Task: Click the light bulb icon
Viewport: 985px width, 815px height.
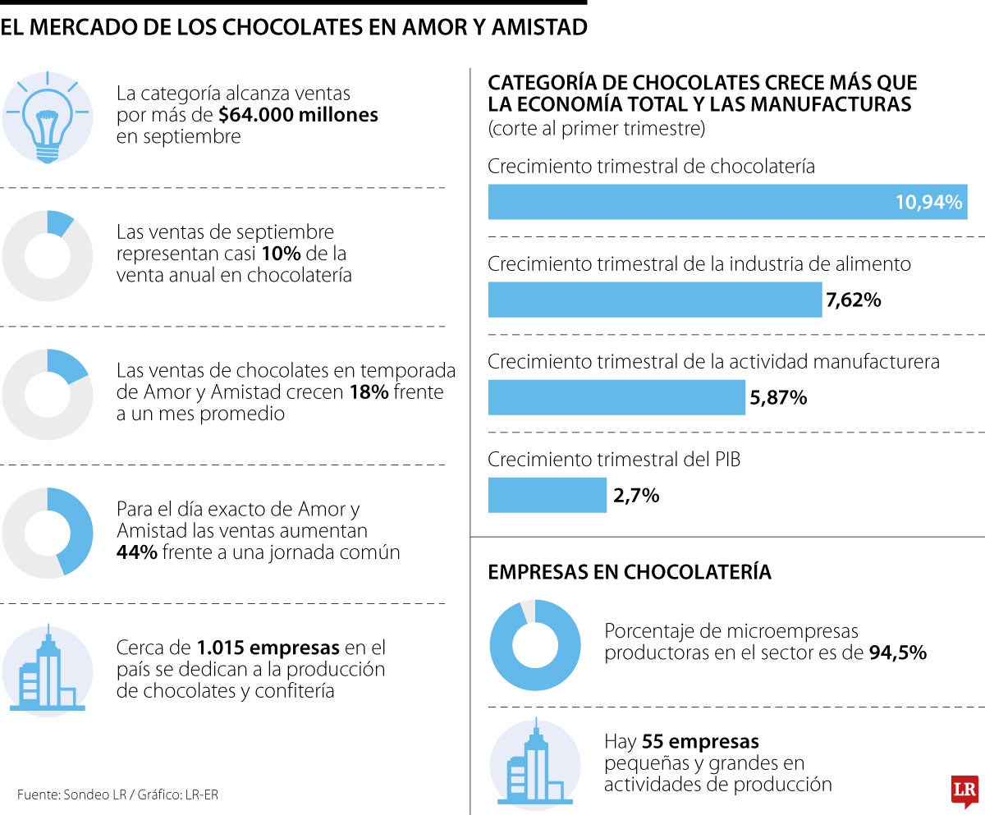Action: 47,117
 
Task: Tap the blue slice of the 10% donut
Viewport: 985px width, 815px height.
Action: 61,222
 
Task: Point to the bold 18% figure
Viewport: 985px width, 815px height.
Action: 369,392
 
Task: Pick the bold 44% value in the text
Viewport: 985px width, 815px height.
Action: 136,552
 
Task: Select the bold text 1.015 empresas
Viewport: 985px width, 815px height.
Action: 268,647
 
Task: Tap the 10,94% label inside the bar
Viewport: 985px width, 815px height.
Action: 928,203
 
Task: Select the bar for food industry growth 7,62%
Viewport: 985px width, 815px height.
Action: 654,300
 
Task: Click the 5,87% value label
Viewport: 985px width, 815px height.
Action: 778,398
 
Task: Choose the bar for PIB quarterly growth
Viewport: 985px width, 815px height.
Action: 547,495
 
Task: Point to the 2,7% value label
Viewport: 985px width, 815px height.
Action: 635,496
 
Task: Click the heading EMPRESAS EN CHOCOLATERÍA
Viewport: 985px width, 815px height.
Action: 630,572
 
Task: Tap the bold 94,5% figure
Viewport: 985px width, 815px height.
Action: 897,653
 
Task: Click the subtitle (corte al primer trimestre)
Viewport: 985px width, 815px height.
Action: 597,129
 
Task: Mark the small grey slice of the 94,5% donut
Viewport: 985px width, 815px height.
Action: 528,610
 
